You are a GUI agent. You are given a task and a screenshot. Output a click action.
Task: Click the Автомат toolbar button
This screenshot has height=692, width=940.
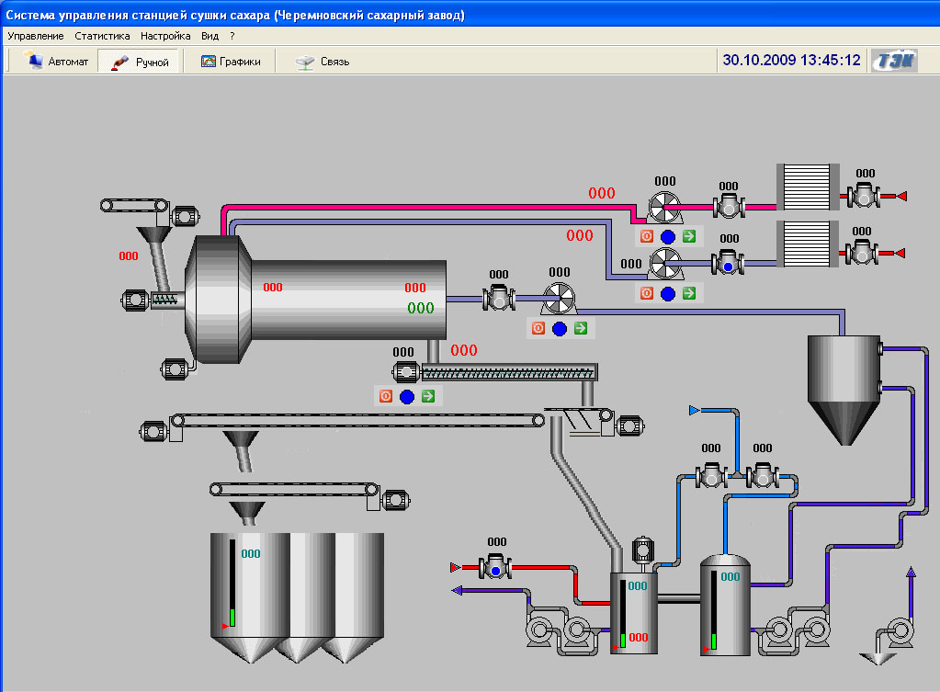55,62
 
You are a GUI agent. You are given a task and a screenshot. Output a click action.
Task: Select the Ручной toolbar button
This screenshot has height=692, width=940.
140,62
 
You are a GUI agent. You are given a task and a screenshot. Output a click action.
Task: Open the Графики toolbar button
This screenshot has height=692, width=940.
231,62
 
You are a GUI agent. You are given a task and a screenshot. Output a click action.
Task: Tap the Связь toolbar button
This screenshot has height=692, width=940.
323,62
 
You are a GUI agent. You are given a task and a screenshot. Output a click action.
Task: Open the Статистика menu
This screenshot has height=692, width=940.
102,36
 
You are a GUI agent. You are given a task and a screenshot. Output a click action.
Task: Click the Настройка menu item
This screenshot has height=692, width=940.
165,36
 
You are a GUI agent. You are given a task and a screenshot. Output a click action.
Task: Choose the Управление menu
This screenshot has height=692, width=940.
35,36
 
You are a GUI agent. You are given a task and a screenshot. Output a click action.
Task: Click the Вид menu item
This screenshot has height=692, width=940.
210,36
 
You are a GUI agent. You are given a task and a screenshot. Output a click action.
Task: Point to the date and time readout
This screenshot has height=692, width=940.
791,60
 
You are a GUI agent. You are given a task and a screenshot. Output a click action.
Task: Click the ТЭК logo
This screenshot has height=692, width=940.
894,61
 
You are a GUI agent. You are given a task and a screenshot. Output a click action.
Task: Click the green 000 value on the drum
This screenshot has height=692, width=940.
420,308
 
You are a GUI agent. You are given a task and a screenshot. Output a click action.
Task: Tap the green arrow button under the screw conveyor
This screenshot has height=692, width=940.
428,396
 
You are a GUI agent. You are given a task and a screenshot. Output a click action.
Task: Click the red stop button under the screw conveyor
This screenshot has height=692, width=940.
386,396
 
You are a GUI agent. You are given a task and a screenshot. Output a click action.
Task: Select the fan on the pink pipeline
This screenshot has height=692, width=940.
664,208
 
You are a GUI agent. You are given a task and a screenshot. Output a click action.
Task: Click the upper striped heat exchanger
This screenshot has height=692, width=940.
808,187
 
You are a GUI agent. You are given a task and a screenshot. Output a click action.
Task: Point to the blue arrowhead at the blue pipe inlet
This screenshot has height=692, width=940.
695,410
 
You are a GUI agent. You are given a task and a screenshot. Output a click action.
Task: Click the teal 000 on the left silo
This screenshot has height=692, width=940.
251,554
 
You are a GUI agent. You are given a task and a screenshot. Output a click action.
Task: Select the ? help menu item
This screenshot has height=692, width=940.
232,36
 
